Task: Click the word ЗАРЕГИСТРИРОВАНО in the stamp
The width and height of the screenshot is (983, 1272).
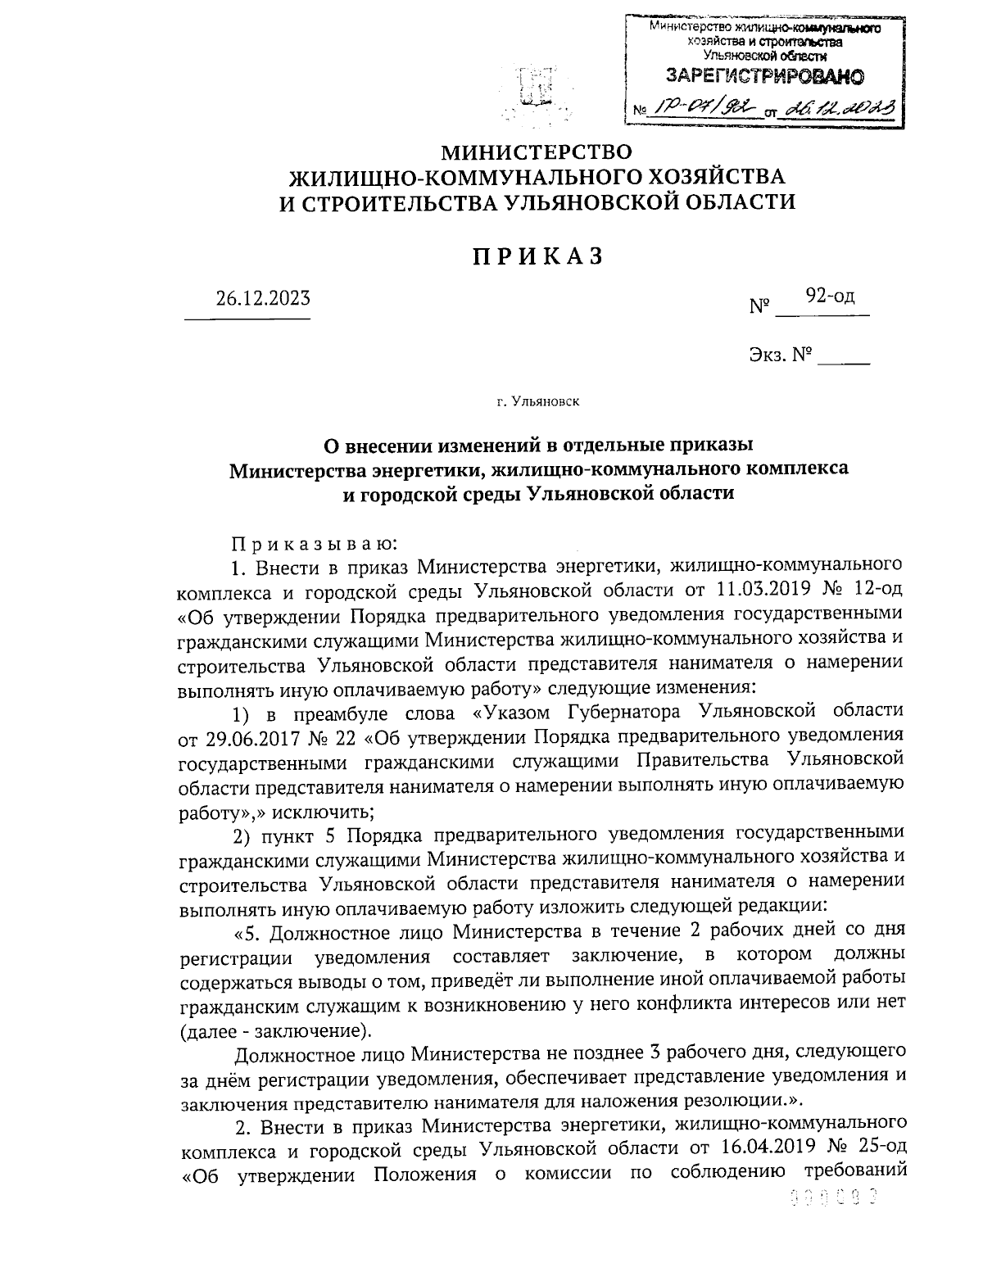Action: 764,78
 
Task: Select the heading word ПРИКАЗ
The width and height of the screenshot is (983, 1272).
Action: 537,257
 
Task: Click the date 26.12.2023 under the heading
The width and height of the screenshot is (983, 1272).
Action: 263,298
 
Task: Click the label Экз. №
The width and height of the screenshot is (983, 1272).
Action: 779,355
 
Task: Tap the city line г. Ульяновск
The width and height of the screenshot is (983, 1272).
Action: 537,402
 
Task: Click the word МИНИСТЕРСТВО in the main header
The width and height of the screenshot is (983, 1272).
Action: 537,152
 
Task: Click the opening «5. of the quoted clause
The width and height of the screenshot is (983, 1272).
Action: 247,932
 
